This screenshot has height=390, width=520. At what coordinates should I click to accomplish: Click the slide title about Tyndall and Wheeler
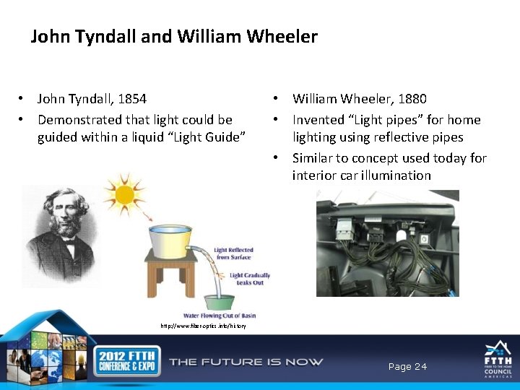(174, 37)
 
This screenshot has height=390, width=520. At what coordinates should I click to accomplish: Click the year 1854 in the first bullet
(131, 99)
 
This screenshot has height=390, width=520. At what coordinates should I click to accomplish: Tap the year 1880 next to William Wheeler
(411, 99)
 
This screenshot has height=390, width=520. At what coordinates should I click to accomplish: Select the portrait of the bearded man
(61, 234)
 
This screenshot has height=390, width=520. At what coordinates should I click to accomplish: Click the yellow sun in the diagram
(125, 193)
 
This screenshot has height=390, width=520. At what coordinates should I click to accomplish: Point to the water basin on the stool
(170, 238)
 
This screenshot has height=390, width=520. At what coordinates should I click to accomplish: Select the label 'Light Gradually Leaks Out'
(249, 278)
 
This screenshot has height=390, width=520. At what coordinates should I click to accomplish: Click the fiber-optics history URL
(203, 326)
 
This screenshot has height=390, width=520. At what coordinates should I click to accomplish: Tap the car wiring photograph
(387, 243)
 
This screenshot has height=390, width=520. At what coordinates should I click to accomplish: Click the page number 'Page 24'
(407, 367)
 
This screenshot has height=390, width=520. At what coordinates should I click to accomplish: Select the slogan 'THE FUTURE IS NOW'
(246, 362)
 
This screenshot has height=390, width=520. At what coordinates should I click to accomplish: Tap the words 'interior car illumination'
(361, 175)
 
